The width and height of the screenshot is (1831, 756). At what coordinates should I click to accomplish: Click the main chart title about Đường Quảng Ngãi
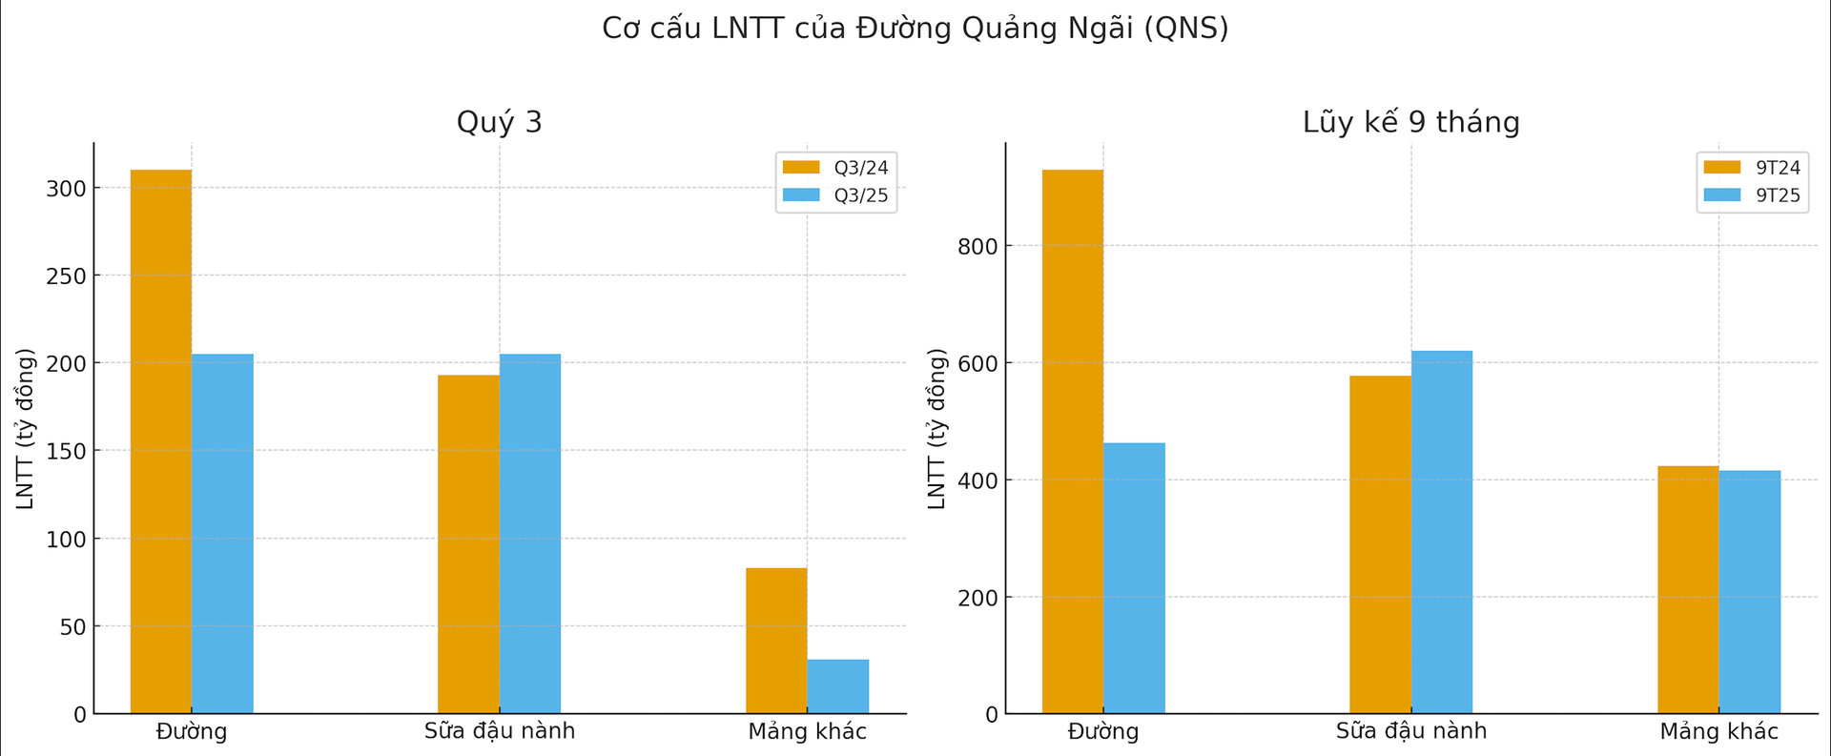[915, 29]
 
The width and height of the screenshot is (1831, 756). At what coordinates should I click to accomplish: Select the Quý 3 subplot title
[499, 122]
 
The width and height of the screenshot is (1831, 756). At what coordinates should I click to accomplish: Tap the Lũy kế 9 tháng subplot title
[1410, 122]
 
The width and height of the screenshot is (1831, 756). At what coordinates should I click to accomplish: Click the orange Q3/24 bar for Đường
[161, 441]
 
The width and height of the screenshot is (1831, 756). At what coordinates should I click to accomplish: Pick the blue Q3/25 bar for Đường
[222, 534]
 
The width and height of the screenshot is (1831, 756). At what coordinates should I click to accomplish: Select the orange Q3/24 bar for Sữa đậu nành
[468, 544]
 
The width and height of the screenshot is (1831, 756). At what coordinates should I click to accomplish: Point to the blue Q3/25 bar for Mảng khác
[837, 686]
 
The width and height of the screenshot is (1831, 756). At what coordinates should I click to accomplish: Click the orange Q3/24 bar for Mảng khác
[776, 641]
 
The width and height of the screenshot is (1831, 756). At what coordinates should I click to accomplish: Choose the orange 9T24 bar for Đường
[1073, 441]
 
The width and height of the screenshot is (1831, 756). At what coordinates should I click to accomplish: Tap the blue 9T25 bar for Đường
[1134, 578]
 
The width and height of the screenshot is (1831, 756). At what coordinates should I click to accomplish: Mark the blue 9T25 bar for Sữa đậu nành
[1442, 532]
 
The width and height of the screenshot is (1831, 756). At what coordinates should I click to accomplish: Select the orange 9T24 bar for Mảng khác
[1688, 589]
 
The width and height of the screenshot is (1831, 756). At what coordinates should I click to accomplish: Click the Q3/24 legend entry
[836, 168]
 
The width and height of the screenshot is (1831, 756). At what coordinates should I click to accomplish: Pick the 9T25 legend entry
[1754, 195]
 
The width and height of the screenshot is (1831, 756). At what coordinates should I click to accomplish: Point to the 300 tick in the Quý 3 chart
[66, 189]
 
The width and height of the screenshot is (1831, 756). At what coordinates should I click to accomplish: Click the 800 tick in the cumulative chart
[977, 246]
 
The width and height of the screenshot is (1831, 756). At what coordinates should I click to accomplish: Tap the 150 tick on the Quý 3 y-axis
[66, 451]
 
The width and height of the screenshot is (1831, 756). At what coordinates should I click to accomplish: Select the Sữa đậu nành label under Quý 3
[500, 731]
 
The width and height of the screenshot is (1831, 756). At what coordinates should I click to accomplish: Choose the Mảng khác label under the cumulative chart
[1718, 731]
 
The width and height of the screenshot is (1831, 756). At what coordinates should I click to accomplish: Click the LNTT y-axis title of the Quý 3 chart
[26, 429]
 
